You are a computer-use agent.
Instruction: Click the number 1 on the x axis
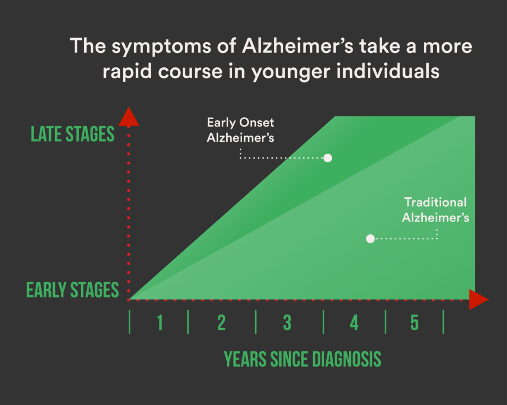(159, 323)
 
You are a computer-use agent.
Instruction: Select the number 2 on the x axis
(221, 323)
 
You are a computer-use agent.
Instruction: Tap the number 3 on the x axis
(287, 323)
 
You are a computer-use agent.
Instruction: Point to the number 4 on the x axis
(354, 323)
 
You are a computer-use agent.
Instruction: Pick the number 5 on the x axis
(414, 323)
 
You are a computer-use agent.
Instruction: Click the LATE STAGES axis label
(73, 134)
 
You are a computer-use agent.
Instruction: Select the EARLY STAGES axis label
(73, 290)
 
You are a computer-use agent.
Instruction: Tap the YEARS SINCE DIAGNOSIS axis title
(303, 360)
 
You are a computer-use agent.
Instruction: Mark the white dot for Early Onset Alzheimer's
(327, 158)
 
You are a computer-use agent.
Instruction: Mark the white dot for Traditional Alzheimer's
(370, 239)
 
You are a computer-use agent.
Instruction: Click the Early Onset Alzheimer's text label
(241, 130)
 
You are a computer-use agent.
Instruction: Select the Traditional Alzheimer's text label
(435, 210)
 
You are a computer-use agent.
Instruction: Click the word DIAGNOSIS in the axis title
(340, 360)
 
